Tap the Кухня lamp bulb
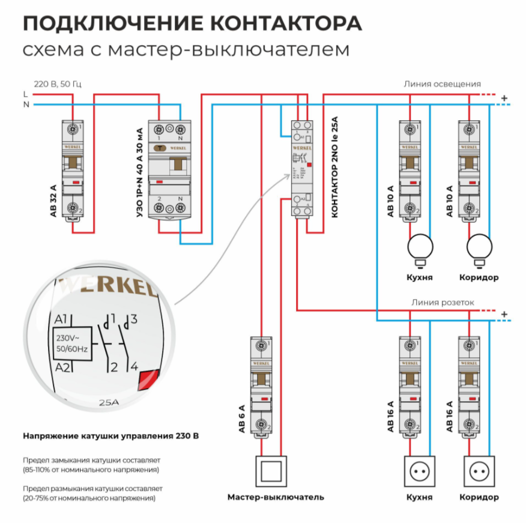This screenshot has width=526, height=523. click(x=420, y=247)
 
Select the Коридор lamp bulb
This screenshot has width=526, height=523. click(x=479, y=247)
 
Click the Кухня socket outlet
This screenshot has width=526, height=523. click(x=420, y=473)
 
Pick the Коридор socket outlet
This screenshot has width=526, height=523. click(x=479, y=473)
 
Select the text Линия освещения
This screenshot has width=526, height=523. click(x=442, y=84)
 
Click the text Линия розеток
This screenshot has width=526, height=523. click(x=443, y=303)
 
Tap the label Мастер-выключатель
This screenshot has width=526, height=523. click(x=276, y=497)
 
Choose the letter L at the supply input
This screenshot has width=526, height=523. click(x=25, y=94)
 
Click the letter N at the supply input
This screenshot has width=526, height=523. click(x=25, y=104)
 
